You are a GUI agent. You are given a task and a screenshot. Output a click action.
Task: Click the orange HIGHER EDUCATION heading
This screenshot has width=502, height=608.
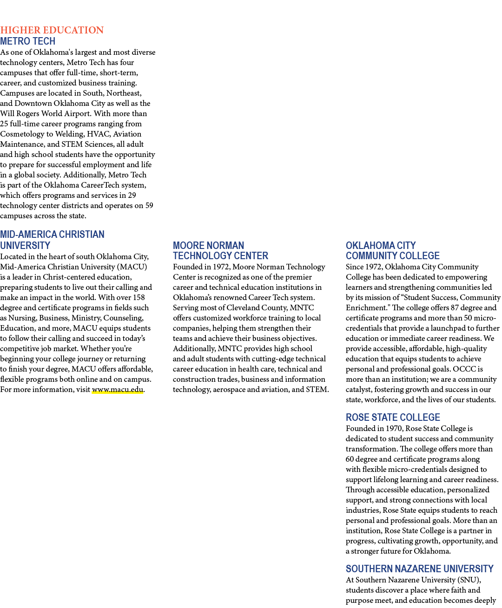pyautogui.click(x=52, y=30)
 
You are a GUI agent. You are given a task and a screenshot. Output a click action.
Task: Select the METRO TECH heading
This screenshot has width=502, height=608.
pyautogui.click(x=28, y=41)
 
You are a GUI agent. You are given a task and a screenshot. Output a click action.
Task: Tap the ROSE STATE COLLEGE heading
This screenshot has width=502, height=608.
pyautogui.click(x=393, y=417)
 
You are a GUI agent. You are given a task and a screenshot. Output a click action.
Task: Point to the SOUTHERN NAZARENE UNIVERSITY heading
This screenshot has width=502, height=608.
pyautogui.click(x=420, y=569)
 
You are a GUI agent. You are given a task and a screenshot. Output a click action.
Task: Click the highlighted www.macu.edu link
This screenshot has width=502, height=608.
pyautogui.click(x=118, y=390)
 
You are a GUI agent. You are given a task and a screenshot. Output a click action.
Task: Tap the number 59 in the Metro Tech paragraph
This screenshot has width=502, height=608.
pyautogui.click(x=149, y=206)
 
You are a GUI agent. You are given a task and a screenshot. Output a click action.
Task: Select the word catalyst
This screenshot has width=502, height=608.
pyautogui.click(x=359, y=390)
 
